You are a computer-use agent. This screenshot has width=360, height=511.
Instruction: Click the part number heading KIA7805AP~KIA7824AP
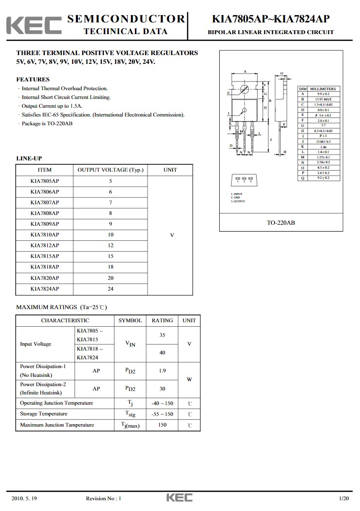point(270,19)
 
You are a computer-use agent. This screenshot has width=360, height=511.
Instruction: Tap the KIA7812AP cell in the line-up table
point(44,245)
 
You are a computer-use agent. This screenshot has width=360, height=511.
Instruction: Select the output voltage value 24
point(111,289)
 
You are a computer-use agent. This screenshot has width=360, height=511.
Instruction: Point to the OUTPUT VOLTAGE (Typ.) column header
point(111,170)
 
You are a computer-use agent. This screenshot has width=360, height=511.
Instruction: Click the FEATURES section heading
point(33,79)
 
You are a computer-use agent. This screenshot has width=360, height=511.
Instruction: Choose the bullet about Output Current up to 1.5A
point(52,106)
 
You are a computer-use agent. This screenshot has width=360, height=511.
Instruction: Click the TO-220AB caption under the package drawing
point(281,223)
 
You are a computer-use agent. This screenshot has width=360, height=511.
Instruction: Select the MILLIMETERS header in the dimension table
point(324,89)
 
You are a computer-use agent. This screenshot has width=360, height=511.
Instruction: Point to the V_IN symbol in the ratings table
point(131,344)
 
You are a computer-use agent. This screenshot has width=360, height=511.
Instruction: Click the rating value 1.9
point(162,371)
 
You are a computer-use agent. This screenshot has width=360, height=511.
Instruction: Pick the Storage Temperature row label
point(44,414)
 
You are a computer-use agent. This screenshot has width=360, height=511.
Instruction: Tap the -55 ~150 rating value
point(162,414)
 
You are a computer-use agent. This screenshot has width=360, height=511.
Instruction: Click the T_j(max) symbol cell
point(131,425)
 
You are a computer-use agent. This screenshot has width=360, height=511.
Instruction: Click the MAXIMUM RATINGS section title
point(61,307)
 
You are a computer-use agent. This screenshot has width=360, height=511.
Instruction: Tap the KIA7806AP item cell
point(44,192)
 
